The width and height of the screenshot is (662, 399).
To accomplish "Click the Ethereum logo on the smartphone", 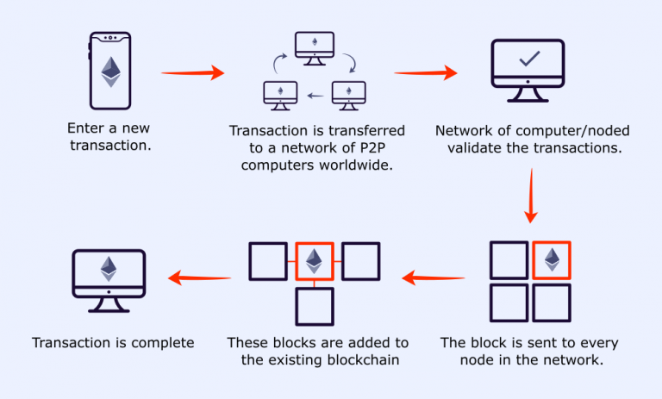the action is (110, 72).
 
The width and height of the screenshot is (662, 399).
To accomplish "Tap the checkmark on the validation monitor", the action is (529, 59).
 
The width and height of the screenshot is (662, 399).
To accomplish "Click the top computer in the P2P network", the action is (315, 48).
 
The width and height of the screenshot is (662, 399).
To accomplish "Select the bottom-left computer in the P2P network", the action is (280, 96).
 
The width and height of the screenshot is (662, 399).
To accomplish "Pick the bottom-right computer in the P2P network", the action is (349, 96).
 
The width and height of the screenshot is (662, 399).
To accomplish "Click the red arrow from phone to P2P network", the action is (192, 72).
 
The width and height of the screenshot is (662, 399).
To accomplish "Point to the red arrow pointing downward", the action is (531, 196).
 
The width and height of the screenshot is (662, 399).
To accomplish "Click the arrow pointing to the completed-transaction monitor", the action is (200, 277).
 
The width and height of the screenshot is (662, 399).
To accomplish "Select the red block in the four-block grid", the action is (552, 260).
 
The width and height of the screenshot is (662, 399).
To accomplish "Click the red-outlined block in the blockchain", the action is (315, 261).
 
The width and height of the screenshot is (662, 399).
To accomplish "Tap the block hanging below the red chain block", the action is (315, 307).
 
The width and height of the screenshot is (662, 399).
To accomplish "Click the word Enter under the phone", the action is (85, 128).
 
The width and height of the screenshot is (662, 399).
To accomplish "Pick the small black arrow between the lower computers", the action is (315, 96).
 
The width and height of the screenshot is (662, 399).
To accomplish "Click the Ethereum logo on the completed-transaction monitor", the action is (109, 269).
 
